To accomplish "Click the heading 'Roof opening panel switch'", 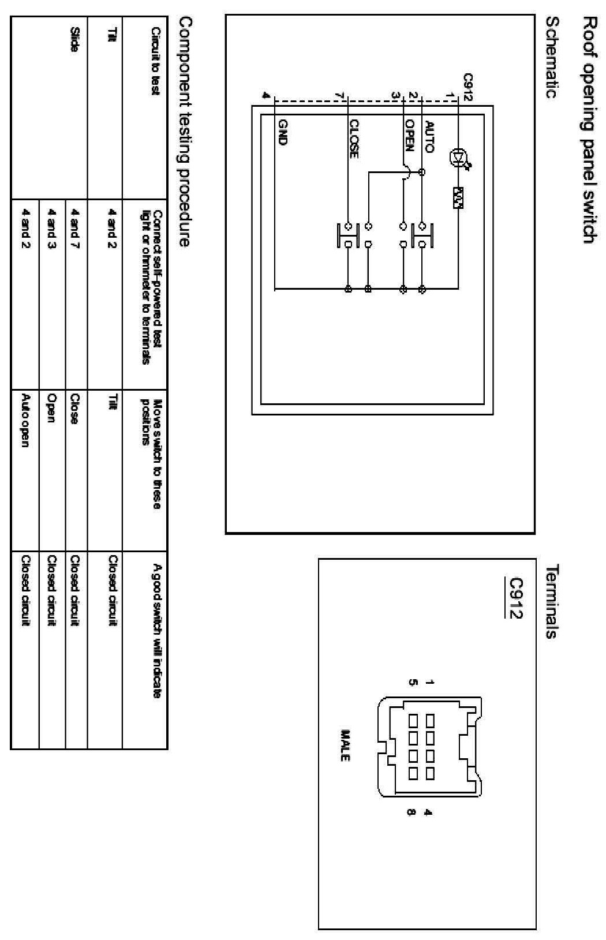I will pos(589,130).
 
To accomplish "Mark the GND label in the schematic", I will pos(283,132).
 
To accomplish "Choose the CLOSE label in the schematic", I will pos(354,138).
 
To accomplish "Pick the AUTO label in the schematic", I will pos(429,136).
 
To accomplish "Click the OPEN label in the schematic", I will pos(409,135).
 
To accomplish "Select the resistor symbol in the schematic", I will pos(459,198).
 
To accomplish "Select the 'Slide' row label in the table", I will pos(74,39).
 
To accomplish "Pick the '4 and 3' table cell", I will pos(51,228).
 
